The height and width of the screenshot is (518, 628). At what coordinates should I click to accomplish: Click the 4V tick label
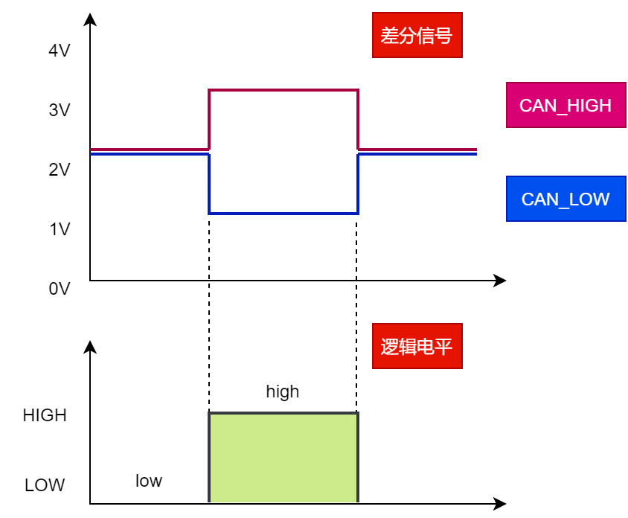click(x=59, y=51)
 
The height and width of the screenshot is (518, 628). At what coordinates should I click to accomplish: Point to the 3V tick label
click(x=59, y=110)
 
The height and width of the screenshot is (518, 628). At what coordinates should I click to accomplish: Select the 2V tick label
click(x=59, y=170)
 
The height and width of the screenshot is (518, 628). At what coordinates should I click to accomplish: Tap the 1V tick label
click(x=59, y=229)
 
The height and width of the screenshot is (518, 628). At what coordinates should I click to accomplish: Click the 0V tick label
click(x=59, y=289)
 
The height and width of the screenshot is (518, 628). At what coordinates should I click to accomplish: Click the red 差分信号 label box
click(x=417, y=35)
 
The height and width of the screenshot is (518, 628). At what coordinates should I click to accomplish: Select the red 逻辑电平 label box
click(x=417, y=346)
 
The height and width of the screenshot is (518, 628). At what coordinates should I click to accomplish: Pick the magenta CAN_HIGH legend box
click(x=565, y=105)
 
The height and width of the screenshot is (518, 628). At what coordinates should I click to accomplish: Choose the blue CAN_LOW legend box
click(x=565, y=199)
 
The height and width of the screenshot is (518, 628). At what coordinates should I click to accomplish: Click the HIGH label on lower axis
click(x=45, y=415)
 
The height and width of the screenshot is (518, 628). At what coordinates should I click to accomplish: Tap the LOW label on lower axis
click(x=45, y=485)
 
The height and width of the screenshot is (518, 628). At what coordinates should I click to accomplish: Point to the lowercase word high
click(x=283, y=391)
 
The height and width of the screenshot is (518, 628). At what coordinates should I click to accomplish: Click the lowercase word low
click(x=149, y=481)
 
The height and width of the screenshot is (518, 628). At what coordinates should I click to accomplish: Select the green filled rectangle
click(x=283, y=458)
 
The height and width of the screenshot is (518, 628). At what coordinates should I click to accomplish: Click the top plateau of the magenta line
click(x=283, y=91)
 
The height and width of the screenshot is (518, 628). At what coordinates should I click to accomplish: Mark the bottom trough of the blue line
click(x=283, y=214)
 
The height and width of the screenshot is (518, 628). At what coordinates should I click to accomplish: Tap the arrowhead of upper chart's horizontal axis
click(x=500, y=281)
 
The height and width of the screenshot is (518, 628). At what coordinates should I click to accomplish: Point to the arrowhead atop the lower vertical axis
click(x=90, y=347)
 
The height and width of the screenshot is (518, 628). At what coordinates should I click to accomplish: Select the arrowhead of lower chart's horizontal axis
click(x=500, y=504)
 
